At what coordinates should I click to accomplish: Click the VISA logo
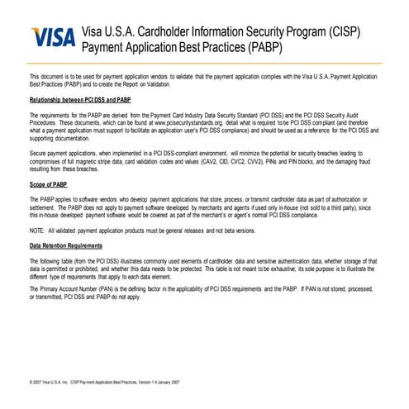(52, 38)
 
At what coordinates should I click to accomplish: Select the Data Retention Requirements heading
(66, 246)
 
